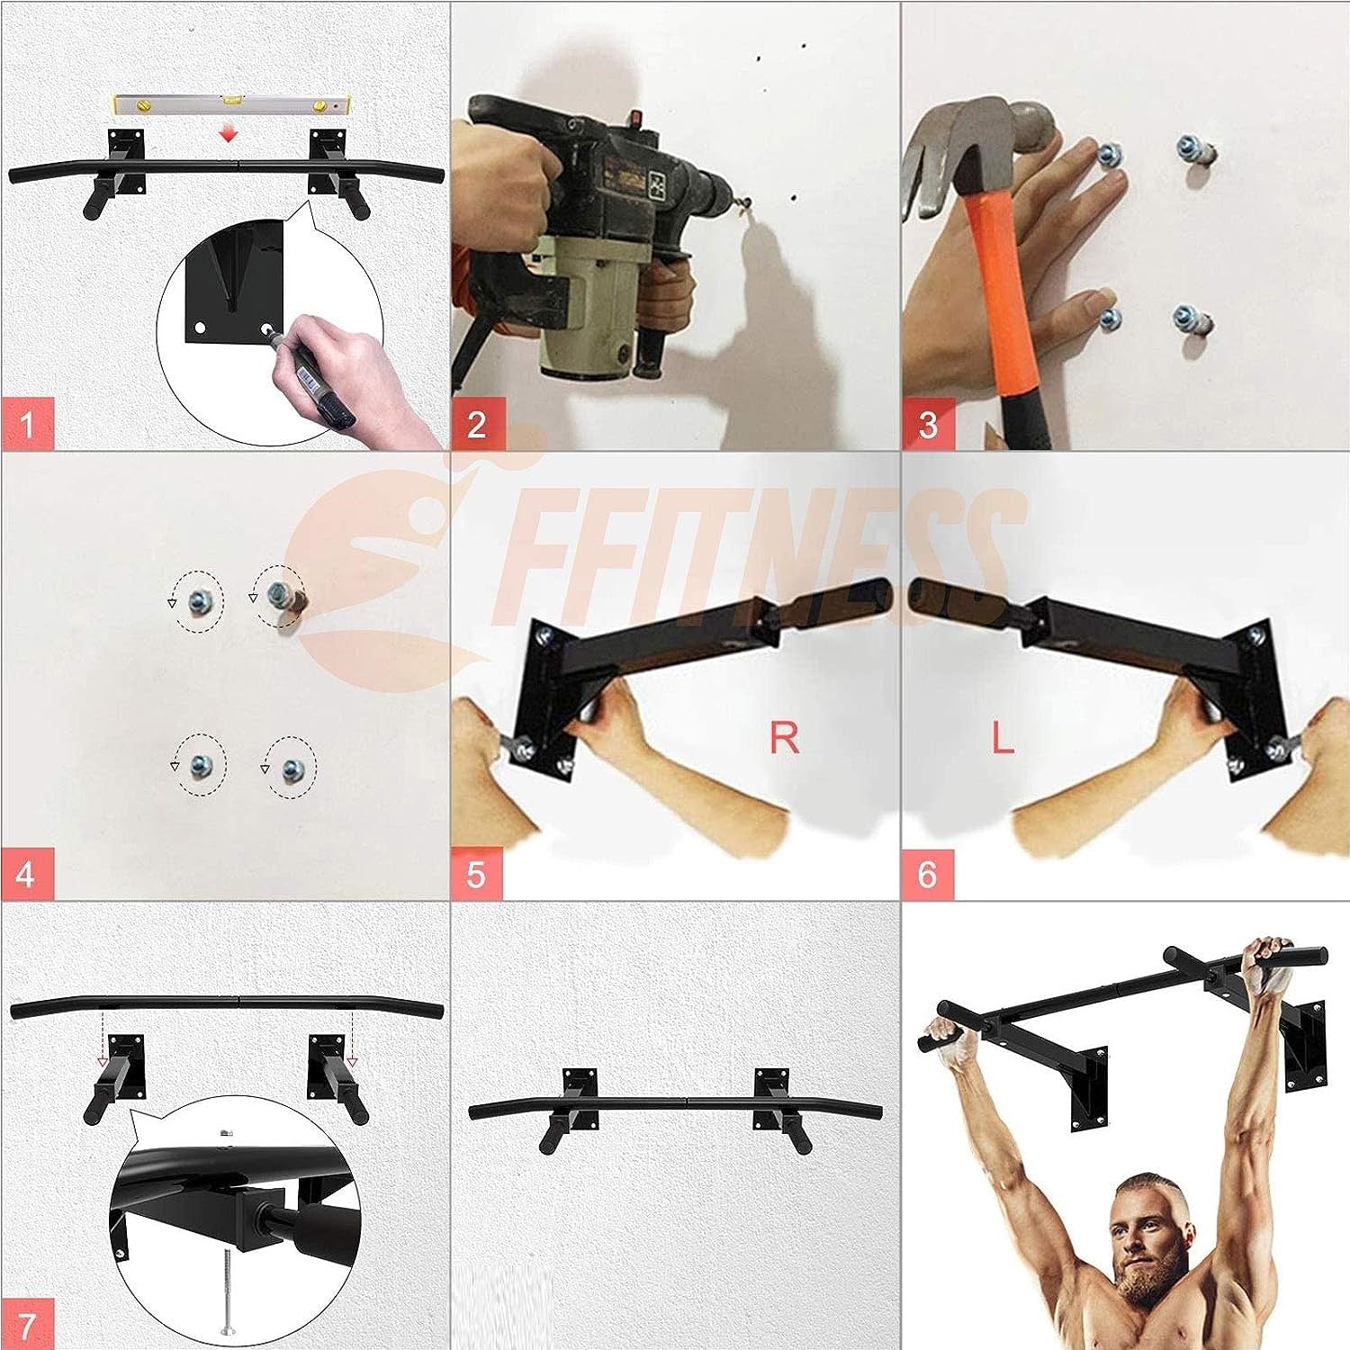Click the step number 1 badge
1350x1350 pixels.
point(28,423)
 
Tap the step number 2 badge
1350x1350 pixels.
point(478,423)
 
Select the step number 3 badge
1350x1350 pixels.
point(928,423)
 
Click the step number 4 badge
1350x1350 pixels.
point(28,873)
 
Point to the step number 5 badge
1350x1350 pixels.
point(478,873)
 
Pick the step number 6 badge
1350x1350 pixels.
point(928,873)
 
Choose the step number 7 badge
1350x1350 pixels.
point(28,1323)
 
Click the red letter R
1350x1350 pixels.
point(785,738)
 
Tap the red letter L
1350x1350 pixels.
point(1003,738)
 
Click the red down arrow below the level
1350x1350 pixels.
point(230,133)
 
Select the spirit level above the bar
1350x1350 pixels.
point(232,106)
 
